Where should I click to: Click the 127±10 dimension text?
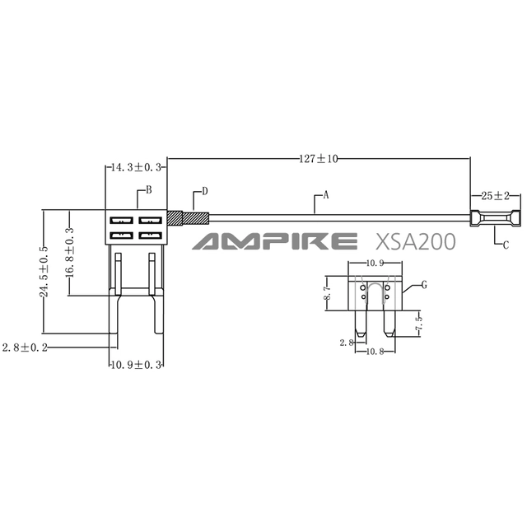click(319, 158)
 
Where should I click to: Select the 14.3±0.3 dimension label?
click(136, 167)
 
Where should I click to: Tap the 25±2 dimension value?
click(496, 196)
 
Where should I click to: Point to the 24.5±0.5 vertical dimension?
click(44, 272)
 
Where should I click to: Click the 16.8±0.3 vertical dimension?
click(70, 252)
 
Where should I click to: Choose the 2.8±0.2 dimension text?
click(25, 347)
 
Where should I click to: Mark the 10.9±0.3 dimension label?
click(136, 365)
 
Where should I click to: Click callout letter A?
click(325, 195)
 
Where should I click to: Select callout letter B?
click(149, 190)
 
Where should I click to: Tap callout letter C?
click(506, 245)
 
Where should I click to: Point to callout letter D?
click(205, 191)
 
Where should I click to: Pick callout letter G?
click(424, 285)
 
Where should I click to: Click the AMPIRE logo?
click(274, 241)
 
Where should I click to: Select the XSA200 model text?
click(415, 241)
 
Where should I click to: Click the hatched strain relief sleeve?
click(189, 218)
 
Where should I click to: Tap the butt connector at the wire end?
click(495, 217)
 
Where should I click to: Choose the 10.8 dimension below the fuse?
click(375, 352)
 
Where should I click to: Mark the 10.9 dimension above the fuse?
click(375, 263)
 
